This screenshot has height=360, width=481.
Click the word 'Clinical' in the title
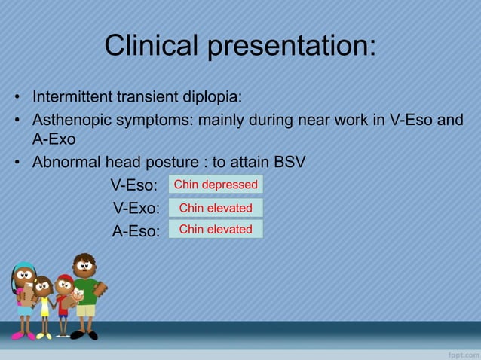[151, 46]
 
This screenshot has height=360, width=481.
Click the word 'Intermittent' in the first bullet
[72, 97]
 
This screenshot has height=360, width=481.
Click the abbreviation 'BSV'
[290, 162]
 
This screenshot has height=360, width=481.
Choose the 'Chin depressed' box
[216, 185]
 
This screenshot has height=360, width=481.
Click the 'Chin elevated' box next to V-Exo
[216, 208]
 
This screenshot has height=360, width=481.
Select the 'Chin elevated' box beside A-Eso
[216, 229]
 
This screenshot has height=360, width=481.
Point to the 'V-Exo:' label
[136, 208]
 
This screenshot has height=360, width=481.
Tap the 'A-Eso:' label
[136, 231]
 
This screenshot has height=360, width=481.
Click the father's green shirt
[86, 291]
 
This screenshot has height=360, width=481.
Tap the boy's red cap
[65, 280]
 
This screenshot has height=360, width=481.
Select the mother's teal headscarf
[24, 267]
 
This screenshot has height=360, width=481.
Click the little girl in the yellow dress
[44, 306]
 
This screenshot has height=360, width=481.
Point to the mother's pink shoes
[22, 335]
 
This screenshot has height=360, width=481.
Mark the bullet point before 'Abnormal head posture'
[15, 162]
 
